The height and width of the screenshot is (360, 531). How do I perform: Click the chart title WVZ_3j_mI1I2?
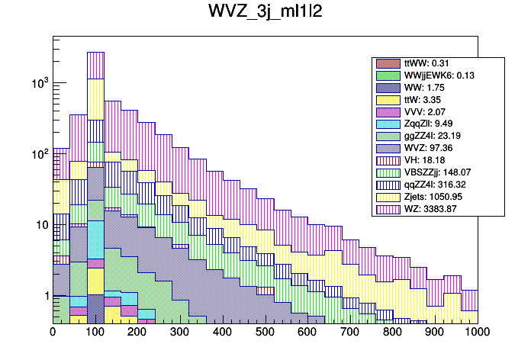point(265,14)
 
